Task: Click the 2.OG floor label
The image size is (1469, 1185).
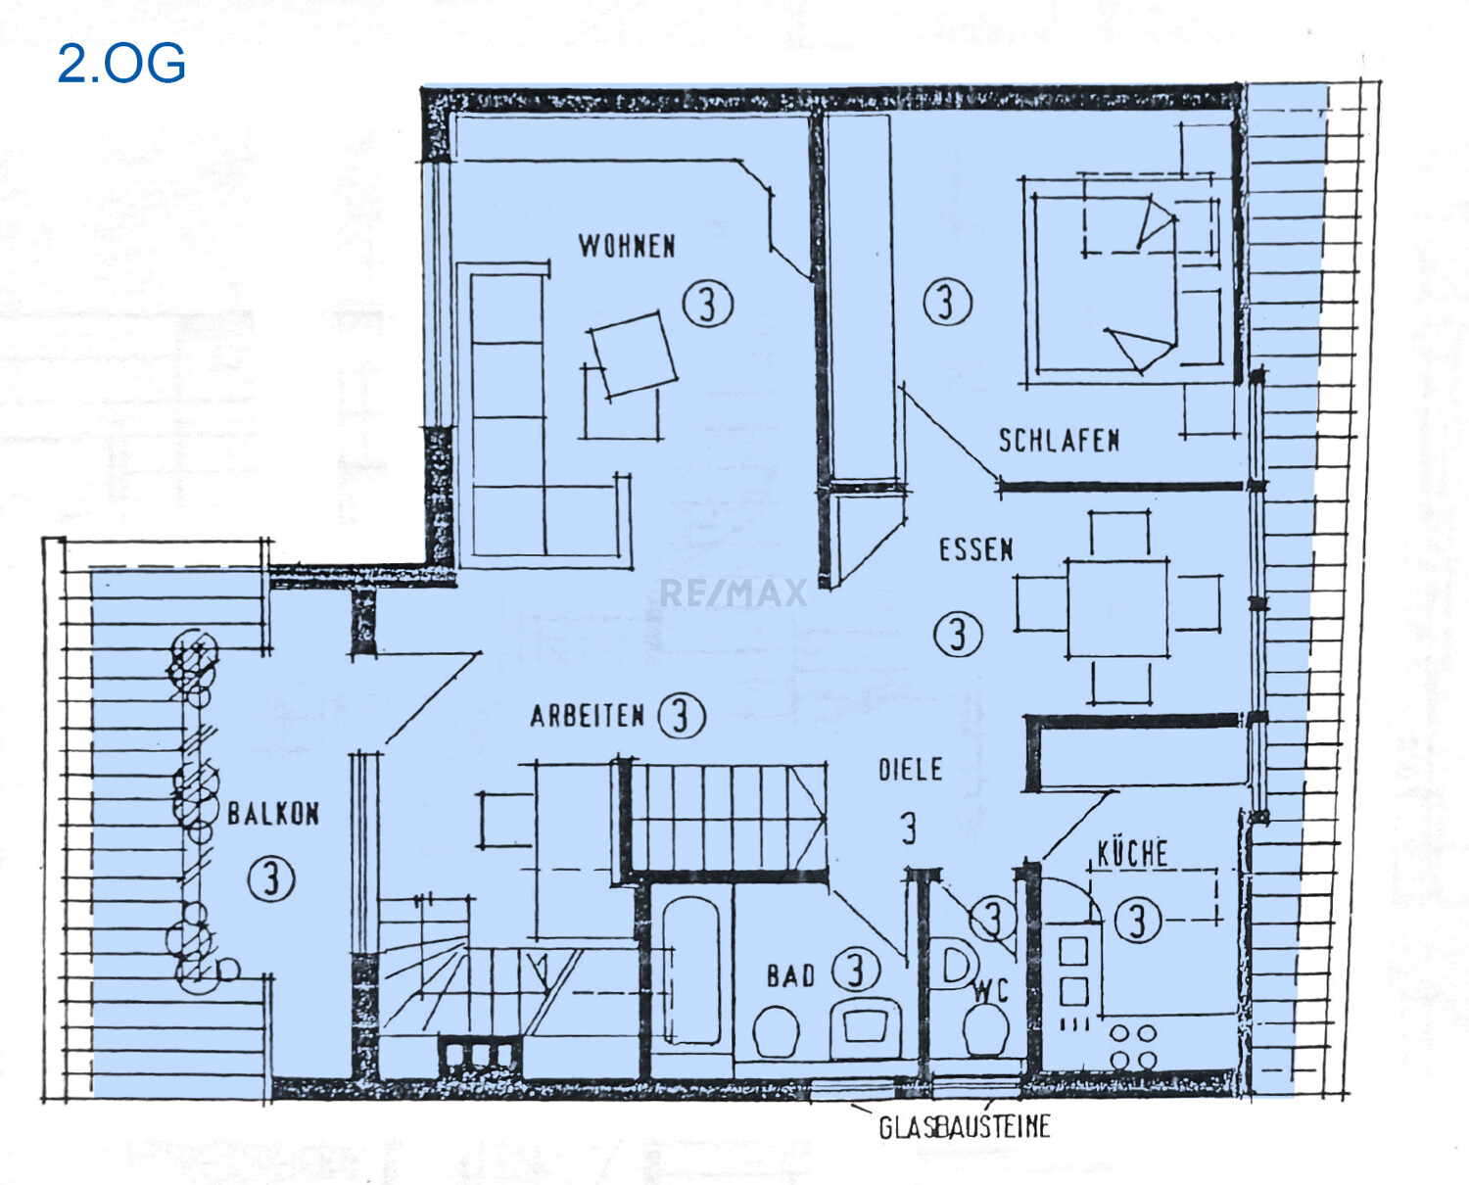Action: (121, 63)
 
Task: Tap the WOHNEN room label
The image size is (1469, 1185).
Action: (627, 246)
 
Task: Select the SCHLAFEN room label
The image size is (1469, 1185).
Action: (1059, 441)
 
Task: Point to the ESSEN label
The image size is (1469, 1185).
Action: (975, 549)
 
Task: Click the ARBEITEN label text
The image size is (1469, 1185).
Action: (587, 716)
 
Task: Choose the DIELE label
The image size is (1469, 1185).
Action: (910, 770)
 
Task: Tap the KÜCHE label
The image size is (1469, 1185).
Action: (1132, 854)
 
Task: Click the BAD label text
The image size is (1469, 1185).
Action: (790, 976)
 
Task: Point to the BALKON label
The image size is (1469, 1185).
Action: (273, 814)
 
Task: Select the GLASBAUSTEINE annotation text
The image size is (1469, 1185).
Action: (964, 1127)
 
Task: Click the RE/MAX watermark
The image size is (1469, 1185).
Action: (734, 592)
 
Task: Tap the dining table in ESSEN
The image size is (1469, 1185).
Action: (1117, 607)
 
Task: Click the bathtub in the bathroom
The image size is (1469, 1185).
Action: (690, 970)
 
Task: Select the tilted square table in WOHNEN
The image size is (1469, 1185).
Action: (634, 355)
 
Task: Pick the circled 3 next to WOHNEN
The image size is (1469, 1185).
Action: (708, 304)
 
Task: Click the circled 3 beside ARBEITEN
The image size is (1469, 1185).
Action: (681, 716)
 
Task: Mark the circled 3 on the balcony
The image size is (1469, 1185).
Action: (271, 877)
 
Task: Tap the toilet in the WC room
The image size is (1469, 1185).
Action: (986, 1030)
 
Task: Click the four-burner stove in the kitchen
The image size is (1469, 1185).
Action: (1133, 1047)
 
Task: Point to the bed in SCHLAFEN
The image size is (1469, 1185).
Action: (1105, 283)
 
